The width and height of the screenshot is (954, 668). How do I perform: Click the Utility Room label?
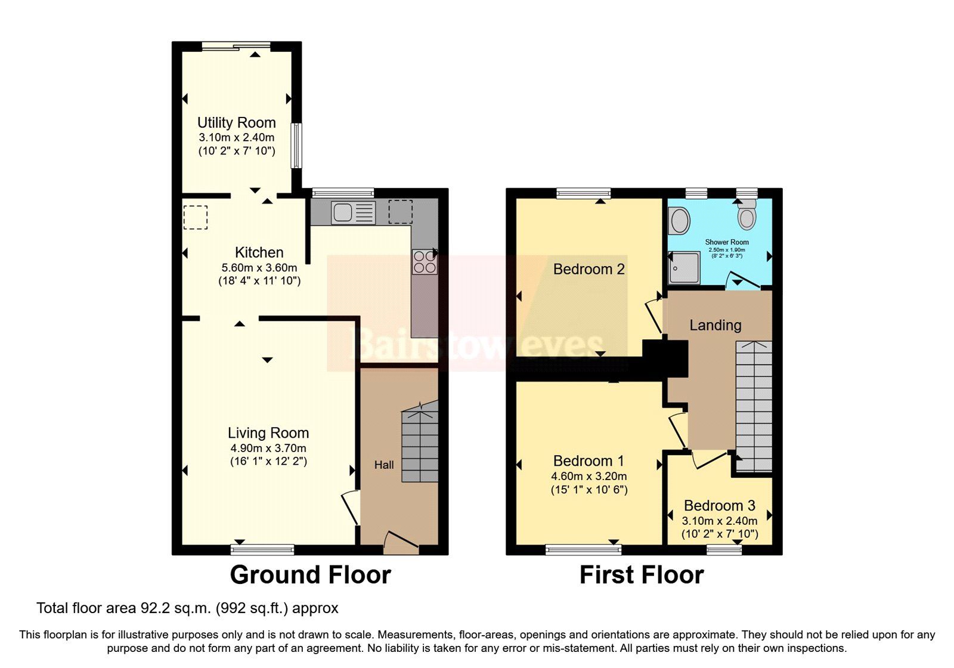pos(236,123)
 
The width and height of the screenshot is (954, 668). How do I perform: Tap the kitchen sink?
pos(353,212)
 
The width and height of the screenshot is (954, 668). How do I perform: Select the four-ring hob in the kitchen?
pos(424,262)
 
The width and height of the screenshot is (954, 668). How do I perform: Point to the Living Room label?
pos(268,433)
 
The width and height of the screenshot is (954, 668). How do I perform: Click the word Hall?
pos(384,465)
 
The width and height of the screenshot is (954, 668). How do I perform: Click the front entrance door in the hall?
pos(401,540)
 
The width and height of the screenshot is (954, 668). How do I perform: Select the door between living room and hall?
pos(351,507)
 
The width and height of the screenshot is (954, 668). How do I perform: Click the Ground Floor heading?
pos(310,575)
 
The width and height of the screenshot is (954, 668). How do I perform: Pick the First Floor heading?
pos(642,575)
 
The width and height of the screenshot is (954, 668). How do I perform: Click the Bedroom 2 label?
pos(588,269)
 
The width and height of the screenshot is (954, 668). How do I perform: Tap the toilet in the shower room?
pos(746,216)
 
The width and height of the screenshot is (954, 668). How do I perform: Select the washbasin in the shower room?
pos(679,222)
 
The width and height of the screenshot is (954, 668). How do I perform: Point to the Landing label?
pos(715,325)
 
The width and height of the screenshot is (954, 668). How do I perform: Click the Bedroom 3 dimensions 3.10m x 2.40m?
pos(720,521)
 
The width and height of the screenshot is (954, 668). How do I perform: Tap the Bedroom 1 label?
pos(588,461)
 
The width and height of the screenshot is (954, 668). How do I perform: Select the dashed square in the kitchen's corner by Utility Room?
pos(195,217)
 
